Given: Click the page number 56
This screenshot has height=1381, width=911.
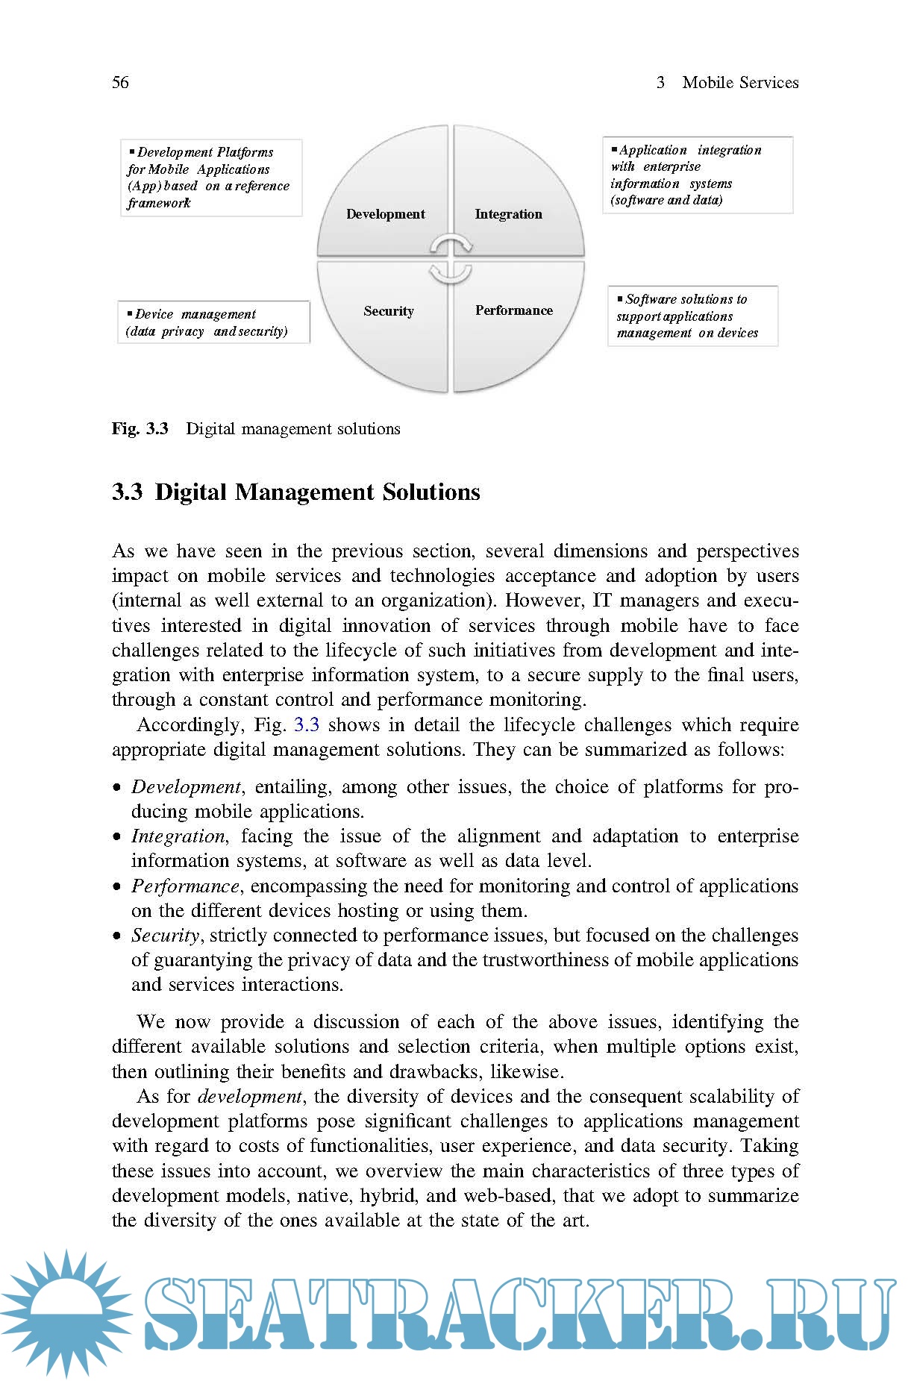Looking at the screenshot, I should [x=120, y=82].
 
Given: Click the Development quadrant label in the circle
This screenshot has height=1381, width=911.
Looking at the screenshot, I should [x=385, y=214].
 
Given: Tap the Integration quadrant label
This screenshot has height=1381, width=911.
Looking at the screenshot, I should [x=508, y=214].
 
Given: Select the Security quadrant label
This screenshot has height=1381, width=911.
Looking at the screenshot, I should [x=388, y=311].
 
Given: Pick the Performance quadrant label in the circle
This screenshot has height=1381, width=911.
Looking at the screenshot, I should [x=513, y=310].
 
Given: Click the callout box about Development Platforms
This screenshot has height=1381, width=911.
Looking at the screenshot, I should [x=211, y=178].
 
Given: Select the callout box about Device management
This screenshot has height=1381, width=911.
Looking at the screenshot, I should [x=213, y=322].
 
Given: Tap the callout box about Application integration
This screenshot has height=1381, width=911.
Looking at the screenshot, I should [x=697, y=175].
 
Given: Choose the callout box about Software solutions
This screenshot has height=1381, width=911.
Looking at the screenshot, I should [x=692, y=316].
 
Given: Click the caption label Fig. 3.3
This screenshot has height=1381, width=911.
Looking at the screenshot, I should [x=140, y=429].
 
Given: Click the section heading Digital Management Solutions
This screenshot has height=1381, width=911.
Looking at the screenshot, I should [x=317, y=492].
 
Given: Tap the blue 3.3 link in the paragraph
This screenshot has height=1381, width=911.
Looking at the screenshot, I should [x=307, y=724].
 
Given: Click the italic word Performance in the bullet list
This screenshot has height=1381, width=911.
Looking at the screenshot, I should [x=185, y=886].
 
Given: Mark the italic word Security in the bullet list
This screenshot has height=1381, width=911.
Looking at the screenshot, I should [x=166, y=936].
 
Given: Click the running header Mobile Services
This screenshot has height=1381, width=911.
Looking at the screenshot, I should [x=739, y=82].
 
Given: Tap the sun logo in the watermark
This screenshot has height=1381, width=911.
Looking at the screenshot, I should [x=66, y=1313].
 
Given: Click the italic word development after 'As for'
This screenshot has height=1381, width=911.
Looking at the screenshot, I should [x=250, y=1097].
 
